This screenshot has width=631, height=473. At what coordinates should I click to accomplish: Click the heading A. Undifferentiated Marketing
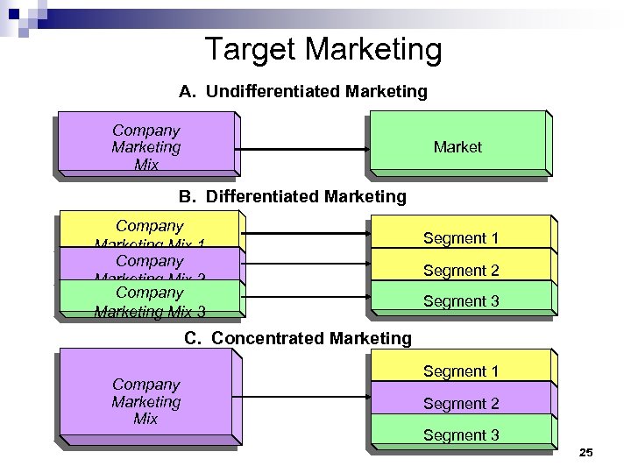click(303, 91)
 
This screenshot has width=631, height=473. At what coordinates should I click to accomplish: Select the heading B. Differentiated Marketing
click(293, 196)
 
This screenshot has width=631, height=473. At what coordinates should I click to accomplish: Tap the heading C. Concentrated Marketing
click(297, 338)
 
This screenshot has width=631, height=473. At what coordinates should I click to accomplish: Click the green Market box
click(457, 146)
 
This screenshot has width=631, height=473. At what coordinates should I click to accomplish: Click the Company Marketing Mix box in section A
click(145, 147)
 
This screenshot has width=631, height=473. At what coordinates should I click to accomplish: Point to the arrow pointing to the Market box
click(302, 150)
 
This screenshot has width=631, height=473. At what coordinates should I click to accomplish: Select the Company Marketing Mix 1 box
click(149, 232)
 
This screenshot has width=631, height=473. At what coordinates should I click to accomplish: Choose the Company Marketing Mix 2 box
click(149, 265)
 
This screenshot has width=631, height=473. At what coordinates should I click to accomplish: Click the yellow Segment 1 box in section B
click(461, 237)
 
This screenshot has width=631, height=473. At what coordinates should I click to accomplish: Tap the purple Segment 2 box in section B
click(461, 270)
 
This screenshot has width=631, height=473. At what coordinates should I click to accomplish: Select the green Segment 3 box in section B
click(461, 300)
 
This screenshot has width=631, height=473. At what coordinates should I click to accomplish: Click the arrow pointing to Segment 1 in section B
click(307, 234)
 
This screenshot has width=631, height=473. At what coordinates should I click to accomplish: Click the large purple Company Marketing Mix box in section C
click(145, 401)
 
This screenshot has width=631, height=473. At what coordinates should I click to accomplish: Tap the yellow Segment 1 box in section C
click(461, 371)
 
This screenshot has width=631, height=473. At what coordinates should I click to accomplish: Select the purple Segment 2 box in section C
click(461, 403)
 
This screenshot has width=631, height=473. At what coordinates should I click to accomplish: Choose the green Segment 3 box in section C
click(461, 434)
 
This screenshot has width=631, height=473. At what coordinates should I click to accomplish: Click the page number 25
click(586, 452)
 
